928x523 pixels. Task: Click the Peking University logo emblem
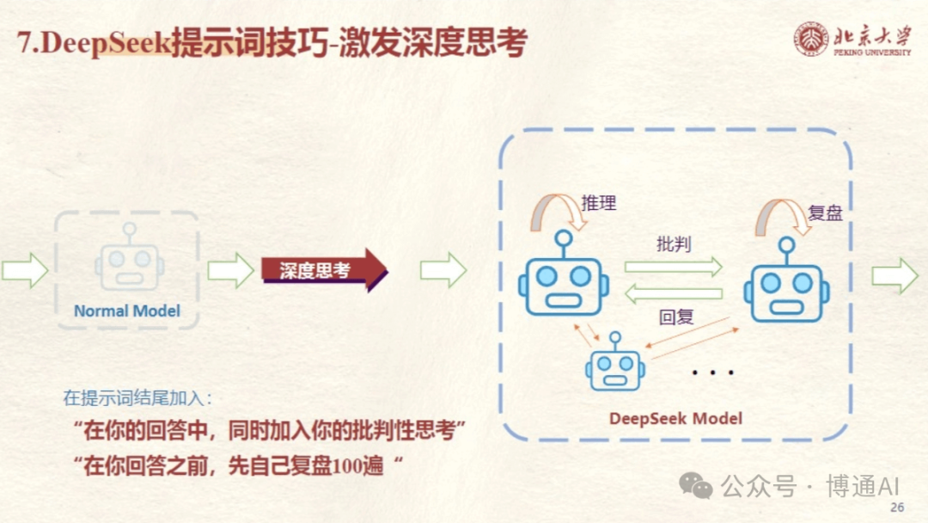click(811, 39)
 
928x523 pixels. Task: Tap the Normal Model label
click(127, 311)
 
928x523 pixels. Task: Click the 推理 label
click(599, 203)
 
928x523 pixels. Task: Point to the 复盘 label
click(826, 212)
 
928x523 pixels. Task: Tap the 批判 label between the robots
click(673, 243)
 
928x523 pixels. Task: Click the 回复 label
click(676, 317)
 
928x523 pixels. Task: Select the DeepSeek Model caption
click(675, 419)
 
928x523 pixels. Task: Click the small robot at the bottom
click(615, 362)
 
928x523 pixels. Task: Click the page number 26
click(897, 508)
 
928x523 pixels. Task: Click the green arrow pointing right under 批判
click(674, 267)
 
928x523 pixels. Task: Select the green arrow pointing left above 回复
click(674, 294)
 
